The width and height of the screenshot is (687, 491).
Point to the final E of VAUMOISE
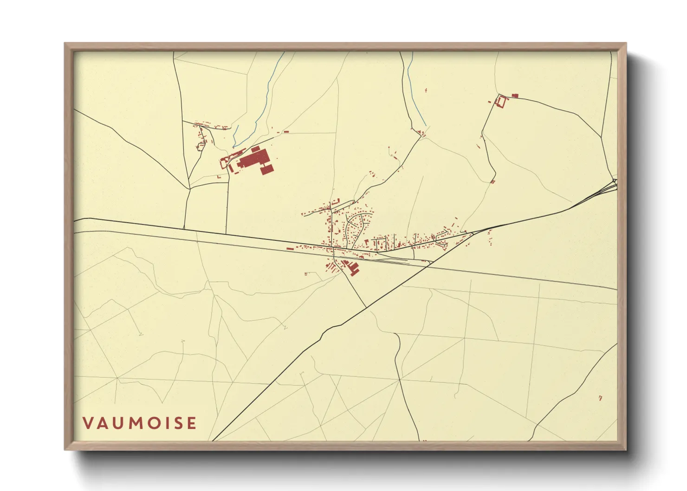191,423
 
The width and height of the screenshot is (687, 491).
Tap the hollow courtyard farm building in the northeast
501,101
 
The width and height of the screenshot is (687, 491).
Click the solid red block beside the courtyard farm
514,96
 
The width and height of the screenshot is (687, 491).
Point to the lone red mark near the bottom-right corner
600,398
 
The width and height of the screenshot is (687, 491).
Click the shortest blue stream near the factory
235,135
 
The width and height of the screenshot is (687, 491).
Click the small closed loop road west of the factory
201,147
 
